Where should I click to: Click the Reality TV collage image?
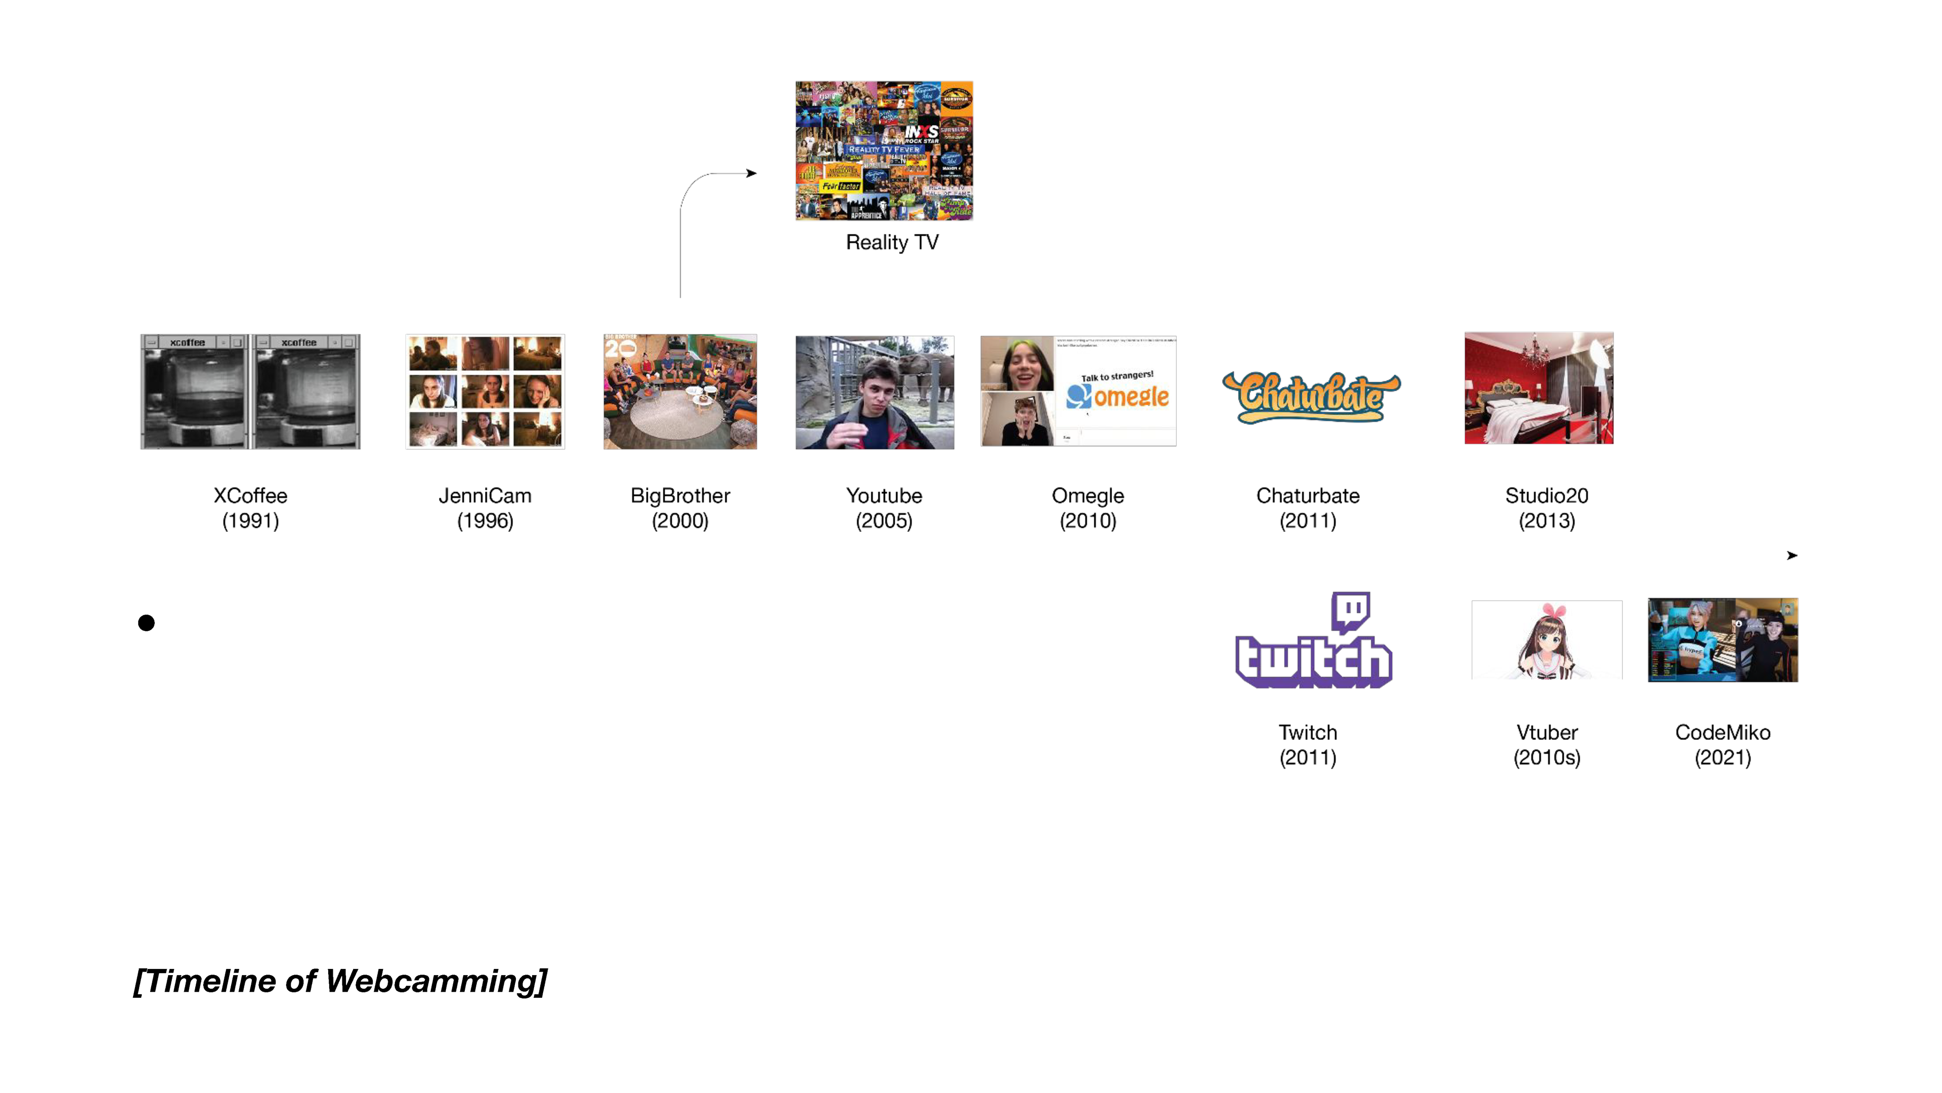pyautogui.click(x=884, y=151)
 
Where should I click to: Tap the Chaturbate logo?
pyautogui.click(x=1310, y=396)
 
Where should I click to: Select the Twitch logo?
pyautogui.click(x=1313, y=641)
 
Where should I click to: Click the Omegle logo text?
pyautogui.click(x=1130, y=396)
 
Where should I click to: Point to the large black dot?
pyautogui.click(x=146, y=622)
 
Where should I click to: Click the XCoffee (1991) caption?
pyautogui.click(x=250, y=508)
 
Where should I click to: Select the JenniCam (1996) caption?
pyautogui.click(x=485, y=508)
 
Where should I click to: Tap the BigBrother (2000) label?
pyautogui.click(x=680, y=508)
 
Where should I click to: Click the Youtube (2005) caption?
pyautogui.click(x=884, y=508)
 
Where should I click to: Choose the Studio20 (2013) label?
pyautogui.click(x=1546, y=508)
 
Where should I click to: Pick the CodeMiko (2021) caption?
pyautogui.click(x=1723, y=744)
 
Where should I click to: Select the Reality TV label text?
pyautogui.click(x=892, y=242)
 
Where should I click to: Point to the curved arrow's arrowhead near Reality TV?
pyautogui.click(x=751, y=174)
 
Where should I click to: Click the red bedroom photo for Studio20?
pyautogui.click(x=1538, y=388)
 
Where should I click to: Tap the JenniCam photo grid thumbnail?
pyautogui.click(x=485, y=392)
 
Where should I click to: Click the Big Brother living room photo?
pyautogui.click(x=680, y=392)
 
